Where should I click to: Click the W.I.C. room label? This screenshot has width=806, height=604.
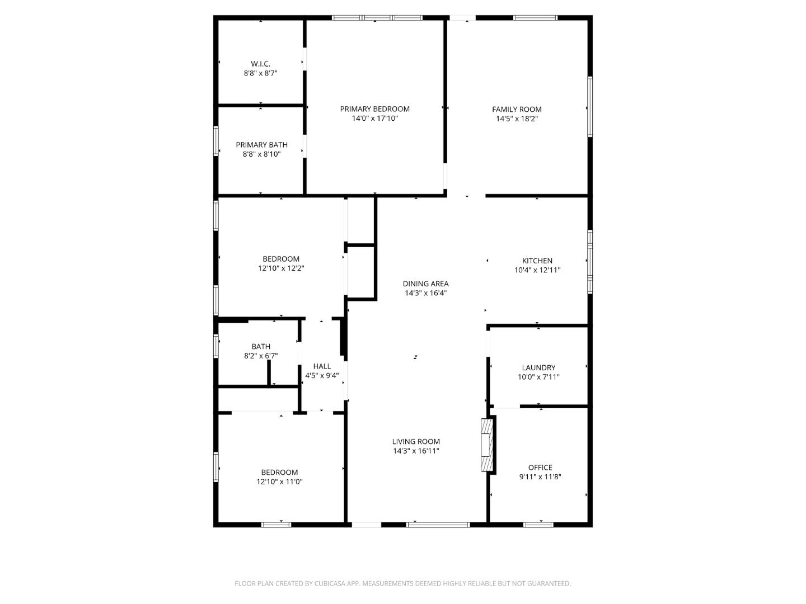coord(260,64)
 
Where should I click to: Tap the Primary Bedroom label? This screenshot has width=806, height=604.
coord(374,109)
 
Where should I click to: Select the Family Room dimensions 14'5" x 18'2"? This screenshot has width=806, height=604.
coord(517,119)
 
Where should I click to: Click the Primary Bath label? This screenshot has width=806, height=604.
coord(261,145)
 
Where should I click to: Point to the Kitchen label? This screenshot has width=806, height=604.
coord(537,261)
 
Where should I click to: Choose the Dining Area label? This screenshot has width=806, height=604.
coord(425,284)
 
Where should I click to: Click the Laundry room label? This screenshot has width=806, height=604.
coord(538,367)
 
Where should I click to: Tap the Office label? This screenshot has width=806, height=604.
coord(540,468)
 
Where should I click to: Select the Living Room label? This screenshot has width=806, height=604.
coord(416,441)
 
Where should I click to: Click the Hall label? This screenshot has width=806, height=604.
coord(322,366)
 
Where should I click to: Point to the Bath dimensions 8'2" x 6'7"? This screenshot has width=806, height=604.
coord(261,356)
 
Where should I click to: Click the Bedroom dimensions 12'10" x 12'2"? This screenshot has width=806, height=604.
coord(281,268)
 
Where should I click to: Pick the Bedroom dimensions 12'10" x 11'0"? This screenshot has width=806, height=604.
coord(280,482)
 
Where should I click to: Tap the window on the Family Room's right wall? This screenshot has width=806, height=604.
coord(590,106)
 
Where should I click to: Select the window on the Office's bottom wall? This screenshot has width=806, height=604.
coord(538,525)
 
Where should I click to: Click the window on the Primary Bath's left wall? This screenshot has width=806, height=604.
coord(216,141)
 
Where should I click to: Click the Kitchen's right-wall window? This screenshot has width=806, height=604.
coord(590,261)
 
